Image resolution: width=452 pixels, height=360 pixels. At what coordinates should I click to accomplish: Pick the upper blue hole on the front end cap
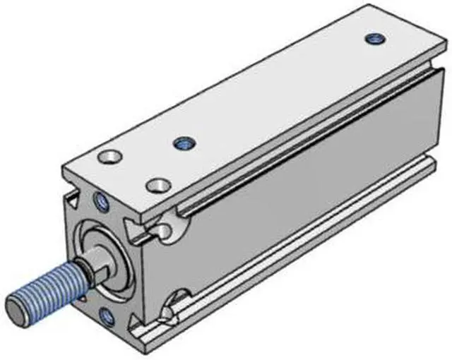[x=100, y=203]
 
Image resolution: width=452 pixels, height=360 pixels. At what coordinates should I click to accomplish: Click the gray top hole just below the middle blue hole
[x=157, y=186]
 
